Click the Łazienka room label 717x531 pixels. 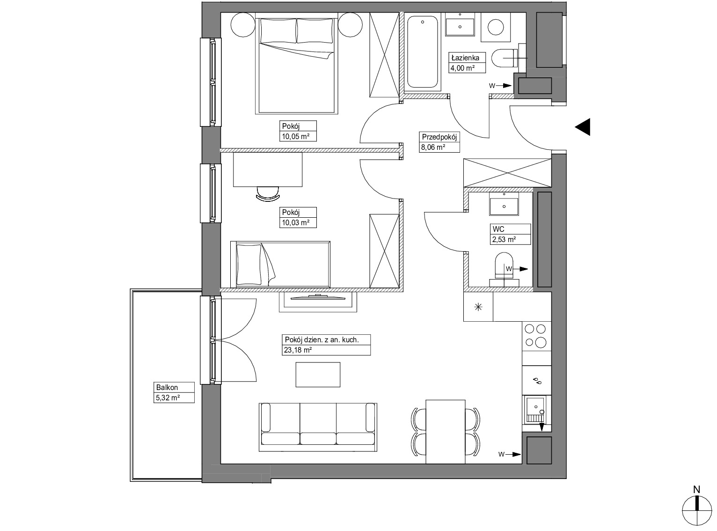point(465,58)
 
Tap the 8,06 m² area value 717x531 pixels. point(433,147)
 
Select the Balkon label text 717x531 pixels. point(167,387)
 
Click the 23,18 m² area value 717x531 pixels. point(298,350)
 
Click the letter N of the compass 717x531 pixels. point(696,490)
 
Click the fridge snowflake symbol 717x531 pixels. point(478,307)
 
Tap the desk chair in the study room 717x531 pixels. point(268,193)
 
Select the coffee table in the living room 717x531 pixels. point(318,375)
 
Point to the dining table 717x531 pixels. point(446,432)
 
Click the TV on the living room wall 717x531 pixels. point(318,297)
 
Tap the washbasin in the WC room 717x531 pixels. point(504,204)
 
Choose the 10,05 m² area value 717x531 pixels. point(295,136)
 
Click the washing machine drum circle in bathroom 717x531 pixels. point(496,27)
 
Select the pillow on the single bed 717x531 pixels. point(249,264)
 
